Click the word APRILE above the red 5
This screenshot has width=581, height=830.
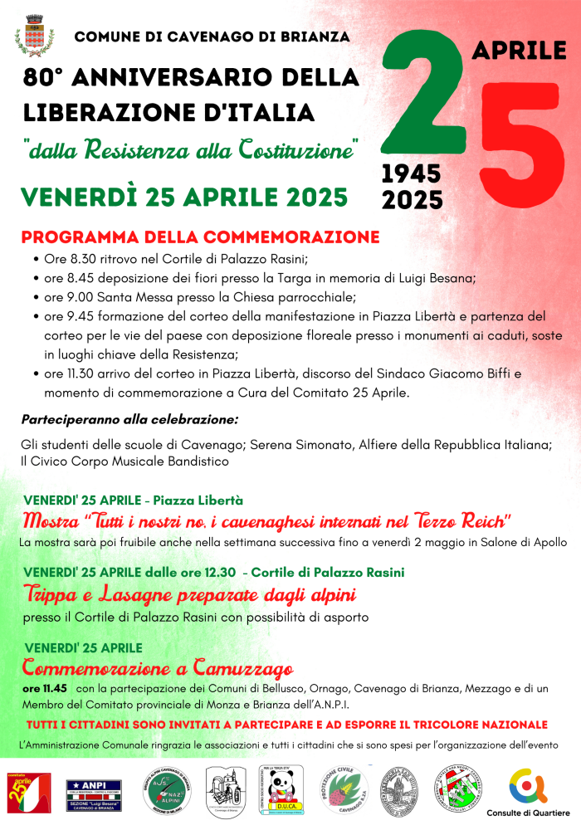pyautogui.click(x=519, y=50)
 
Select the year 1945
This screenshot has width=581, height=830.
pyautogui.click(x=411, y=173)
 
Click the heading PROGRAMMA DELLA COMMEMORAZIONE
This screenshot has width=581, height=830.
pyautogui.click(x=200, y=237)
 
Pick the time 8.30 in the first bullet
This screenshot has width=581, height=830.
pyautogui.click(x=73, y=260)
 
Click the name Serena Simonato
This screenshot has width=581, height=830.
pyautogui.click(x=305, y=445)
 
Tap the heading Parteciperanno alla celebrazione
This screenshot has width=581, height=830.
pyautogui.click(x=129, y=418)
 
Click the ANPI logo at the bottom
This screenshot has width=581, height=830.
pyautogui.click(x=94, y=793)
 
